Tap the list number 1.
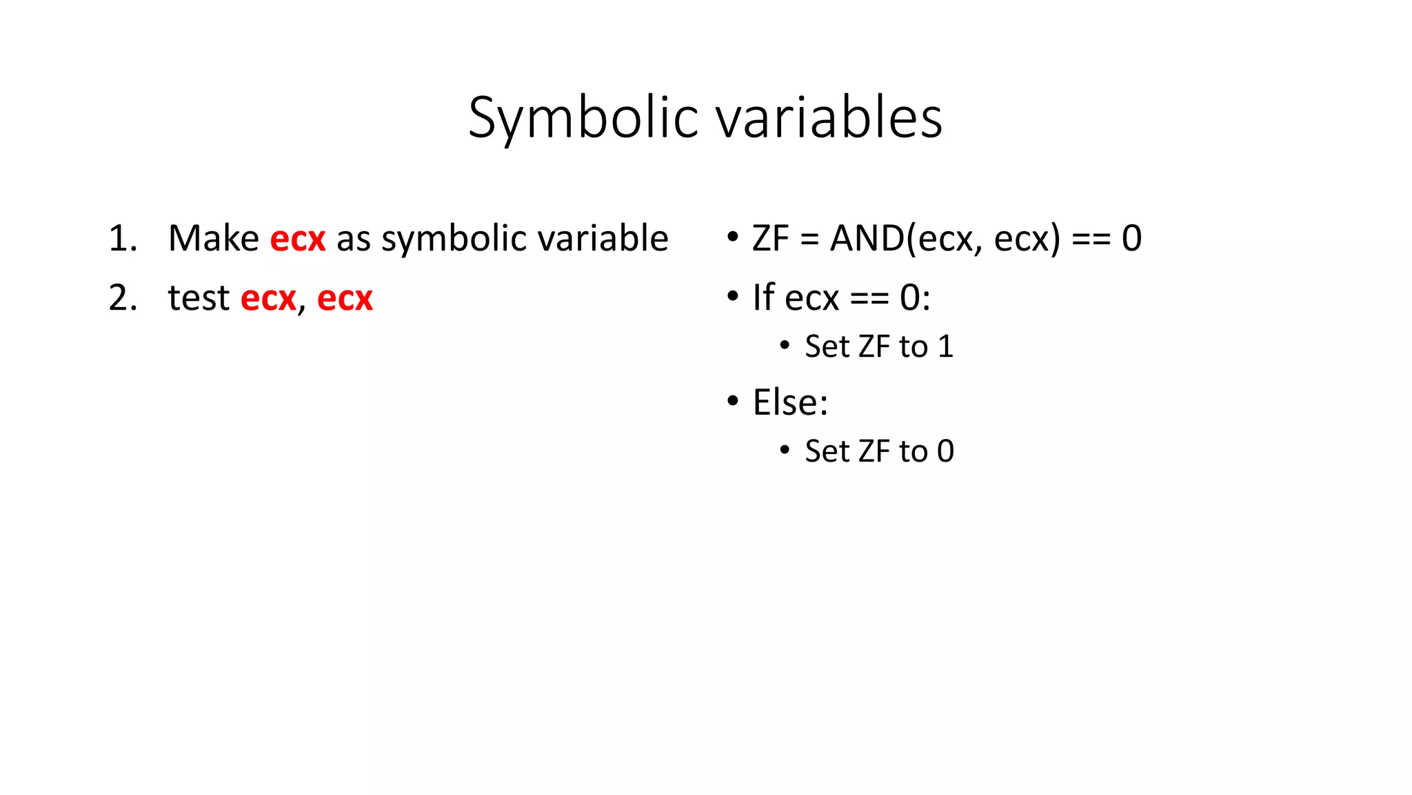point(122,239)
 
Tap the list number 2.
point(122,298)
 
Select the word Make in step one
point(213,239)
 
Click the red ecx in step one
point(297,239)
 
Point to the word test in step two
point(199,298)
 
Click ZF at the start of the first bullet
point(770,239)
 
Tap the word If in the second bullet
point(763,298)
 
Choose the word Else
point(789,402)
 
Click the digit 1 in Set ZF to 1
point(946,346)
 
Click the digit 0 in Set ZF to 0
point(946,451)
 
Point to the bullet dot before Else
point(732,401)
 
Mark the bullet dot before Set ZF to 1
point(785,346)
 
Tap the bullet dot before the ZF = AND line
point(732,237)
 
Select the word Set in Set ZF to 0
point(827,451)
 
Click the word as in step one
point(353,239)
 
